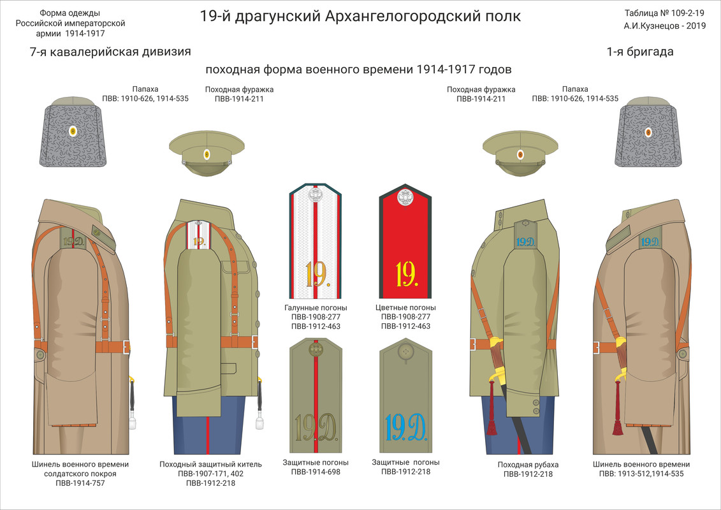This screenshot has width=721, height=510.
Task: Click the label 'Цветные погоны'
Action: (x=405, y=307)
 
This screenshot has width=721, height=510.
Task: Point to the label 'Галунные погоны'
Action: (x=316, y=307)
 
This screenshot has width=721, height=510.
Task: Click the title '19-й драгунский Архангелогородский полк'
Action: (x=360, y=16)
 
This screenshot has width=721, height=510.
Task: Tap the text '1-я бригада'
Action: (x=640, y=52)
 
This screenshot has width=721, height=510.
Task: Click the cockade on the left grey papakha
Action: (x=72, y=132)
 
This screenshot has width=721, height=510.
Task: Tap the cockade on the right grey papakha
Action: (x=648, y=132)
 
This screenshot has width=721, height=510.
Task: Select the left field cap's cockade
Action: (x=207, y=154)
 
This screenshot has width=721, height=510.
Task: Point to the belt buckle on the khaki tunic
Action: (x=255, y=342)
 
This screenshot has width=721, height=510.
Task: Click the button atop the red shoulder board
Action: (x=405, y=198)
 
